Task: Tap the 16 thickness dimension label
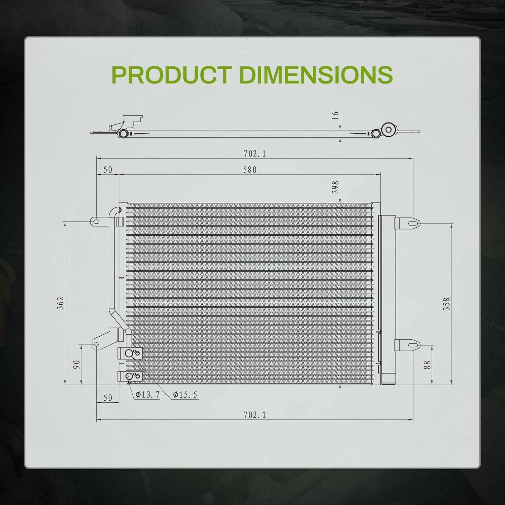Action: coord(335,115)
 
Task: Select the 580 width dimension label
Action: coord(250,170)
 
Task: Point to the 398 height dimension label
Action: coord(335,187)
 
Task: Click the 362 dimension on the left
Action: coord(60,303)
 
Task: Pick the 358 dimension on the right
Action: coord(447,304)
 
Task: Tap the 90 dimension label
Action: coord(77,364)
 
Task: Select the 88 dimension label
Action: coord(428,365)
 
